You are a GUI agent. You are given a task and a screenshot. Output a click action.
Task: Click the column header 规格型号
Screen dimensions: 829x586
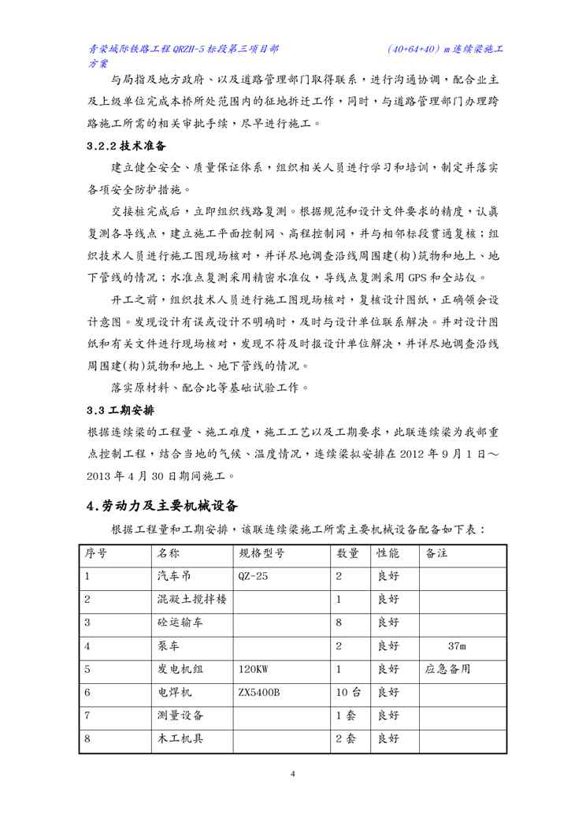point(261,553)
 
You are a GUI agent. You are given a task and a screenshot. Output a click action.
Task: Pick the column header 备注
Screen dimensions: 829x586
point(436,553)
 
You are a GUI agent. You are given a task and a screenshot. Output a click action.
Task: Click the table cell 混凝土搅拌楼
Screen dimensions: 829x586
point(192,600)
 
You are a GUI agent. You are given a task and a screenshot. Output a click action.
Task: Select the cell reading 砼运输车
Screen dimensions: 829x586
point(180,623)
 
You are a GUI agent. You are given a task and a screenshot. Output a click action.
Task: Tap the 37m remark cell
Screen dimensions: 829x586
point(457,646)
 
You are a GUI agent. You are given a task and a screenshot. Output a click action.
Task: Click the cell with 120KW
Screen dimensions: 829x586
point(253,669)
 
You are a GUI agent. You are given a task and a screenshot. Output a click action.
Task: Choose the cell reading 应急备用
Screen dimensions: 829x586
point(447,669)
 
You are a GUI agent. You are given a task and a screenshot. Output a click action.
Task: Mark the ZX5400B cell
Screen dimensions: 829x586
point(259,693)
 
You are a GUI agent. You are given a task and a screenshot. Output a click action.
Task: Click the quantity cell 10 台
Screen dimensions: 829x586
point(348,693)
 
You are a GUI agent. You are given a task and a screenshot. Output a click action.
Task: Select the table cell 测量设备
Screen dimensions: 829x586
point(180,716)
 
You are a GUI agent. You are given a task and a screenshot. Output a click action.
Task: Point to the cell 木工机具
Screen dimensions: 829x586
point(180,739)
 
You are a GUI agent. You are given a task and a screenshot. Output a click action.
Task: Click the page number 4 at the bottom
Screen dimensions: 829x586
point(292,773)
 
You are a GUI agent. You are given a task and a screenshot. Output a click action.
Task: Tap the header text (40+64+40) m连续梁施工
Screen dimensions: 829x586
point(446,49)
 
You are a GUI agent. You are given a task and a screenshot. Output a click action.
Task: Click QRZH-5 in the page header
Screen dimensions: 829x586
point(192,49)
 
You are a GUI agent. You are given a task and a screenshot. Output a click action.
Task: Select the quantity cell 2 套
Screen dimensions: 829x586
point(346,739)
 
